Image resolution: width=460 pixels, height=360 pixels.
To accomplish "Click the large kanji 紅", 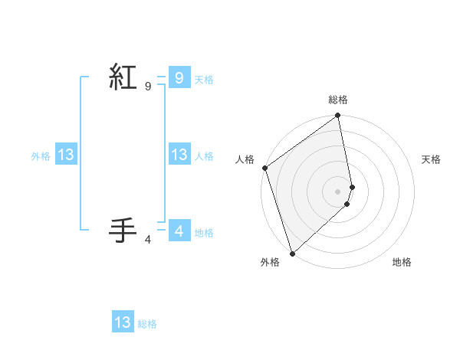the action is [x=123, y=79].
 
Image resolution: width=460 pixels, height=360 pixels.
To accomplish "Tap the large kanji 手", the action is [x=123, y=229].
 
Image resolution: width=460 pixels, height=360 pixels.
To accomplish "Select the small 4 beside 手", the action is [x=147, y=240].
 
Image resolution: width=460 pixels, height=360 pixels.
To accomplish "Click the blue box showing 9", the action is [x=179, y=77].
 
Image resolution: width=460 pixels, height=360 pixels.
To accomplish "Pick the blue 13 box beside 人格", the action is [x=179, y=155].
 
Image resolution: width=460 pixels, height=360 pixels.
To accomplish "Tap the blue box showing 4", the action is [x=179, y=230].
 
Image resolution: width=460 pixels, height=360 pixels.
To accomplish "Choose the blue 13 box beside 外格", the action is [x=65, y=155].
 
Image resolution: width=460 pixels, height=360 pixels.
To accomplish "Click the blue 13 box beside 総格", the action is [x=123, y=322].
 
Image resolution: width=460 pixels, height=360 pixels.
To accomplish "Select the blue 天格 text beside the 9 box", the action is [x=204, y=80].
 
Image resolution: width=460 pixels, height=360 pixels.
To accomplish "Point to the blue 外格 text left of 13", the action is [x=41, y=156].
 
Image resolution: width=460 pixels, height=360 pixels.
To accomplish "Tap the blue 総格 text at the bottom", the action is [x=147, y=324].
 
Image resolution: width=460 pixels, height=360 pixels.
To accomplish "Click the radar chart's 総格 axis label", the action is [x=338, y=100].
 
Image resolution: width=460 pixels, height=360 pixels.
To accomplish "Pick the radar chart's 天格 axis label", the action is [x=432, y=159].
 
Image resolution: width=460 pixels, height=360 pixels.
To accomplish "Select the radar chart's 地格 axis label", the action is [x=402, y=262].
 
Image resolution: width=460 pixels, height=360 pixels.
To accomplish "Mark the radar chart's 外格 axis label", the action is [x=270, y=262].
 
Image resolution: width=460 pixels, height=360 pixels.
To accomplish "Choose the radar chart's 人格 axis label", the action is [x=245, y=159].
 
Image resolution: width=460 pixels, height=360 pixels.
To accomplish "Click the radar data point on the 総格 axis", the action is [x=338, y=116].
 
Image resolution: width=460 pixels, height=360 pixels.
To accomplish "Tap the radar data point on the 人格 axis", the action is [x=264, y=168].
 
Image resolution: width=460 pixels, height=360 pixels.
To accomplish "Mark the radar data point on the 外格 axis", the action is [x=292, y=253].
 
